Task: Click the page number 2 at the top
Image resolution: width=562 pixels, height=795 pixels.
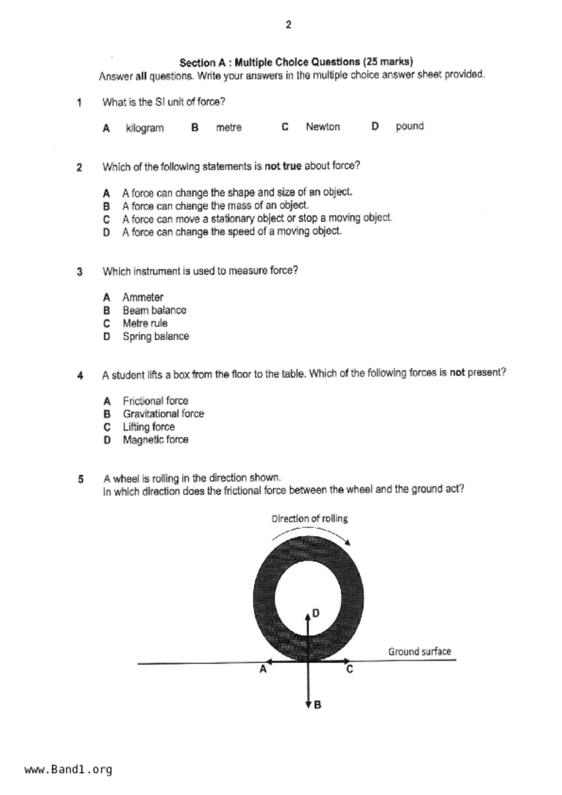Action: pyautogui.click(x=288, y=25)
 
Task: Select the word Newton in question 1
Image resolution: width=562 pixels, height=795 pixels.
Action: pyautogui.click(x=323, y=127)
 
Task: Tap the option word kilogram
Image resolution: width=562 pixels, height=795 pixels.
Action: pyautogui.click(x=145, y=128)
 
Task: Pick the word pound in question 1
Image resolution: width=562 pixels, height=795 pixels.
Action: pyautogui.click(x=410, y=126)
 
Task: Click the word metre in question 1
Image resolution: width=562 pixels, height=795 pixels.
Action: pyautogui.click(x=229, y=128)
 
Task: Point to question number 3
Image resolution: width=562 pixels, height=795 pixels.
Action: pyautogui.click(x=80, y=272)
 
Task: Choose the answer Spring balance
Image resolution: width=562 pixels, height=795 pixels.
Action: pyautogui.click(x=156, y=336)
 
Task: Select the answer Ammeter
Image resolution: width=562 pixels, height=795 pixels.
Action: pyautogui.click(x=143, y=297)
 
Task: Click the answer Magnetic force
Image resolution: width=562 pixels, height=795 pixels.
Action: pyautogui.click(x=156, y=440)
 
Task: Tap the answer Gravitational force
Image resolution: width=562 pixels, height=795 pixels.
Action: pyautogui.click(x=163, y=414)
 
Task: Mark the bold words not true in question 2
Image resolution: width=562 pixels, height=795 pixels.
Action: pyautogui.click(x=283, y=166)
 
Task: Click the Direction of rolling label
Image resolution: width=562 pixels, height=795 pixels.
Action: pyautogui.click(x=309, y=519)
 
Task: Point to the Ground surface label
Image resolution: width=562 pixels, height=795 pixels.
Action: pyautogui.click(x=420, y=652)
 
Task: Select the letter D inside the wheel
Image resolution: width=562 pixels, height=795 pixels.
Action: pyautogui.click(x=316, y=613)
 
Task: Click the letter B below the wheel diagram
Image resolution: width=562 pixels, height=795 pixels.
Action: pyautogui.click(x=318, y=705)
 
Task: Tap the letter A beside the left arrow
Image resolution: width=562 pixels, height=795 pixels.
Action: pyautogui.click(x=263, y=669)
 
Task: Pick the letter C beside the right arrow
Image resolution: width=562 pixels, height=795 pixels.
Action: pyautogui.click(x=349, y=669)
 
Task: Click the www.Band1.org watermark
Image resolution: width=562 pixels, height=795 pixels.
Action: pyautogui.click(x=68, y=769)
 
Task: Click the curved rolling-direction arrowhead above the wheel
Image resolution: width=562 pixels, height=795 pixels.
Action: pyautogui.click(x=347, y=542)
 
